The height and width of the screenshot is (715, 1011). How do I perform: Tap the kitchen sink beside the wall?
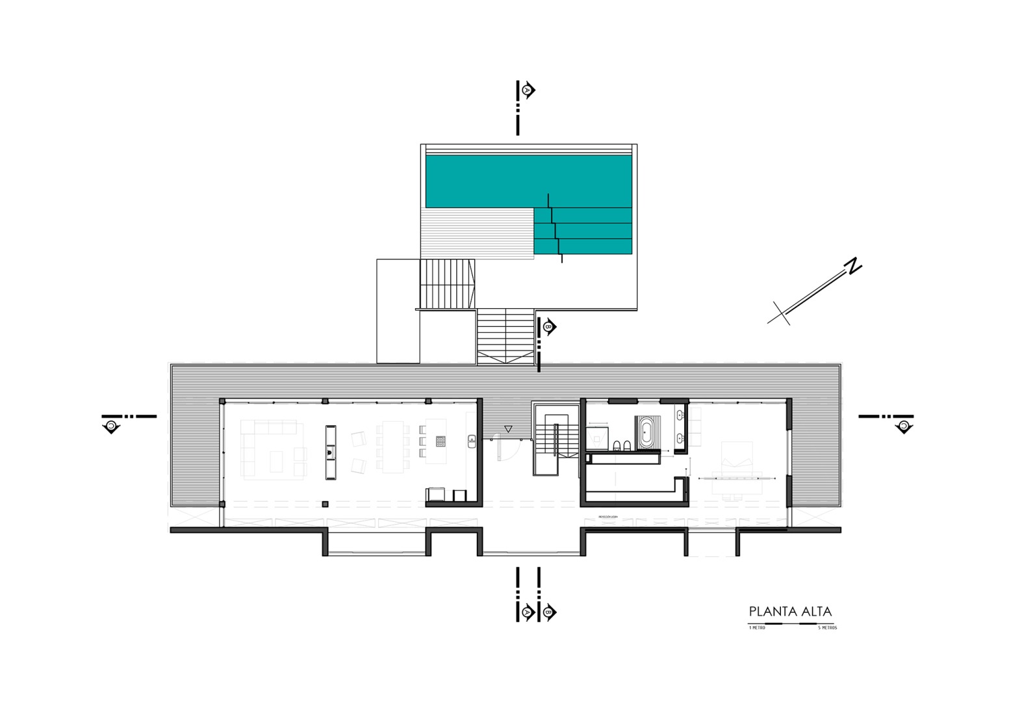[472, 441]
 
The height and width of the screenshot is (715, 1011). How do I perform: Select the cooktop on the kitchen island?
[440, 441]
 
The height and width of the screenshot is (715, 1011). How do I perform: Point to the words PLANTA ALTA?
[790, 612]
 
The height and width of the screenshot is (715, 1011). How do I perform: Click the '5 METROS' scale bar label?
[827, 628]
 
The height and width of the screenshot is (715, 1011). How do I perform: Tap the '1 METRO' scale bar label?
[757, 628]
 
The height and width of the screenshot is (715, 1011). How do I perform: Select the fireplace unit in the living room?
[331, 452]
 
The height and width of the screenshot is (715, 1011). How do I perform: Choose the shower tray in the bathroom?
[597, 438]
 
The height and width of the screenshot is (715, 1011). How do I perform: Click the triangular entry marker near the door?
[508, 429]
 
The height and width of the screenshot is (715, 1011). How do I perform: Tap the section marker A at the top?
[528, 90]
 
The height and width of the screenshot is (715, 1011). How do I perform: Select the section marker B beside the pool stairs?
[550, 326]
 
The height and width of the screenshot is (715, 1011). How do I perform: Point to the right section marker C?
[903, 426]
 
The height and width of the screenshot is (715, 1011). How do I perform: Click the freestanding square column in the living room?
[325, 504]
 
